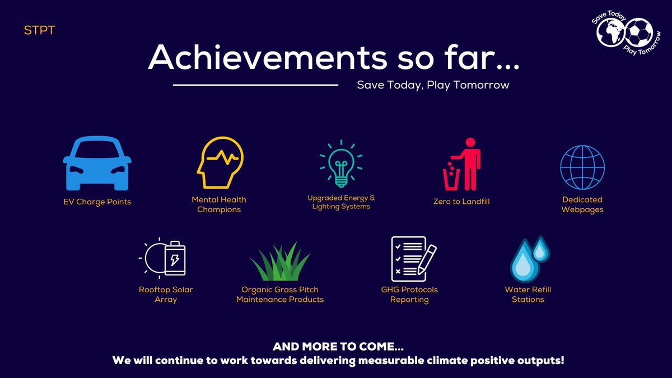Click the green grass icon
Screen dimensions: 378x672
[279, 262]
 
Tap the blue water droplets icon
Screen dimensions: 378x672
[530, 259]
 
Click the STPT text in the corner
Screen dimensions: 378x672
[39, 30]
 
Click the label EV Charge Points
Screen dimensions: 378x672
[97, 202]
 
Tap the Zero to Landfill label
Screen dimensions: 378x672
[463, 201]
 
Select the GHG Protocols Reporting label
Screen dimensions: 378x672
[409, 295]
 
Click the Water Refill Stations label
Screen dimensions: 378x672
[528, 295]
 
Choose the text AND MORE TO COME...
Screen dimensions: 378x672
[338, 347]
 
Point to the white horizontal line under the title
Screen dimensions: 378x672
[256, 85]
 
